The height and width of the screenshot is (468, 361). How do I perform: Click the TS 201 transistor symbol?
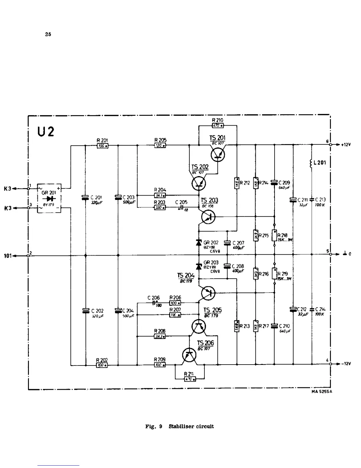[218, 155]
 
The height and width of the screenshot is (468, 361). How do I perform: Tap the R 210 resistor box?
[218, 126]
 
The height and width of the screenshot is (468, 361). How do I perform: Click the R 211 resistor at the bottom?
[190, 379]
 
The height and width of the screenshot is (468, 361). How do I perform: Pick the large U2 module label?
[46, 132]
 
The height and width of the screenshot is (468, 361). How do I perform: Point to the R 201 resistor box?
[102, 146]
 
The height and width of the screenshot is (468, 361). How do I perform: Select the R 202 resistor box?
[102, 365]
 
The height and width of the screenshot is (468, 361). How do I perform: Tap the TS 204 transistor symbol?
[208, 293]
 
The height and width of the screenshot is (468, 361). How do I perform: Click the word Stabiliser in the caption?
[181, 426]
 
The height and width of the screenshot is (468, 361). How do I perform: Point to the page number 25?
[48, 34]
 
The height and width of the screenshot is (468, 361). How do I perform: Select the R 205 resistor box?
[160, 146]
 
